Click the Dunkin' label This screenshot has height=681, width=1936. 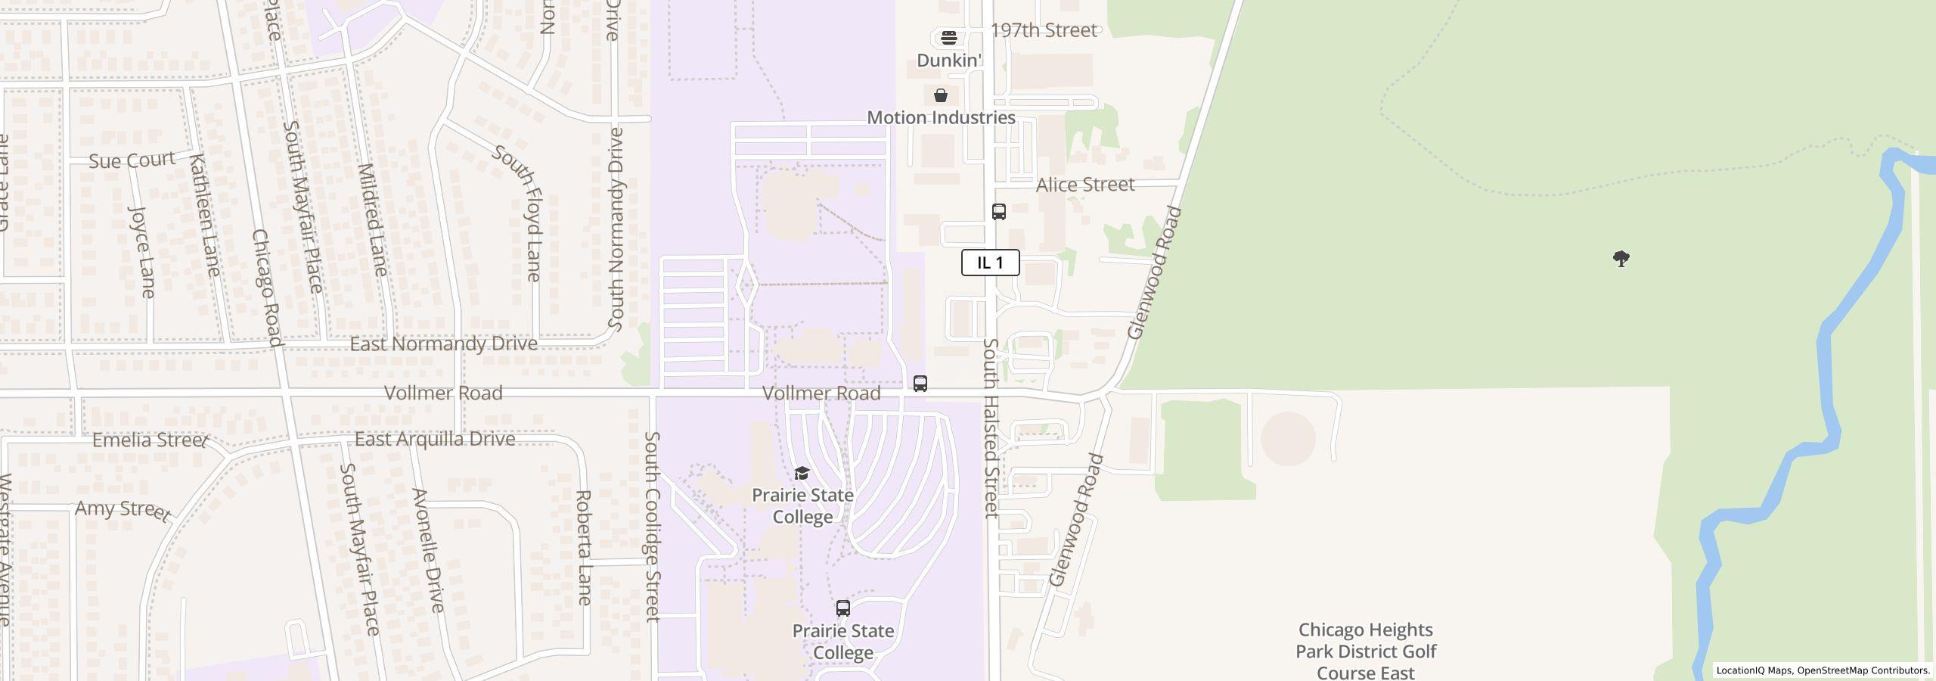(x=949, y=60)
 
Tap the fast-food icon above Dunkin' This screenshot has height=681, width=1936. (x=949, y=38)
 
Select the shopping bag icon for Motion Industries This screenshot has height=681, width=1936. (x=941, y=95)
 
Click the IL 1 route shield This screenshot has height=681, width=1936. (x=990, y=263)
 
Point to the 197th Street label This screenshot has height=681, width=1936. (x=1043, y=30)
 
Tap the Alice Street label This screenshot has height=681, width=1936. (x=1084, y=185)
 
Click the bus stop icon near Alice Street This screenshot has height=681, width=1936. (x=999, y=212)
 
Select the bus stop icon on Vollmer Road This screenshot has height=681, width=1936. (x=920, y=384)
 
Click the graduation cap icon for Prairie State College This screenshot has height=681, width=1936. (x=802, y=474)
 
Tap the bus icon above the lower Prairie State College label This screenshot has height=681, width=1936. (x=843, y=608)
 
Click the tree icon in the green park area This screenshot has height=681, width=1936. (x=1621, y=260)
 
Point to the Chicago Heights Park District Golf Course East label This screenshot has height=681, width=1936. (x=1366, y=651)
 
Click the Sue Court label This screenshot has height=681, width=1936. (x=132, y=160)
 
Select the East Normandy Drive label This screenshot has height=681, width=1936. (x=443, y=344)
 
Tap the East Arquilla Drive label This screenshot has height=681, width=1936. (x=435, y=439)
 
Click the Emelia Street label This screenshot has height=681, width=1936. (x=149, y=440)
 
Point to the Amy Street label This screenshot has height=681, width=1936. (x=123, y=510)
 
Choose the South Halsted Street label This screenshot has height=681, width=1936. (x=991, y=428)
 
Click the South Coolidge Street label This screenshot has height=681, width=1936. (x=653, y=527)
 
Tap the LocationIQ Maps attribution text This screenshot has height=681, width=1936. (x=1754, y=670)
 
